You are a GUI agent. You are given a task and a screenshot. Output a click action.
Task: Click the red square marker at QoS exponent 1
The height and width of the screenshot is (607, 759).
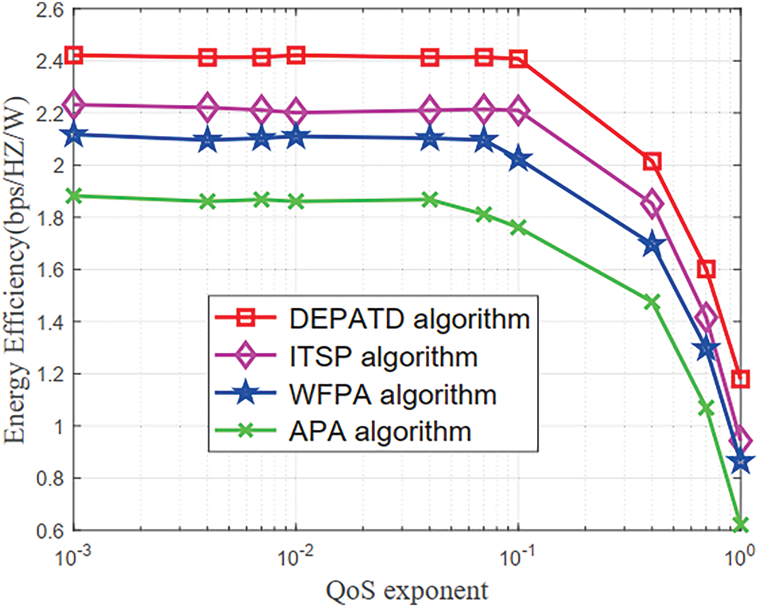741,379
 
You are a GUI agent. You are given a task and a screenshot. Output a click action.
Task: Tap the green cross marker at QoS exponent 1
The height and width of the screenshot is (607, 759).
741,524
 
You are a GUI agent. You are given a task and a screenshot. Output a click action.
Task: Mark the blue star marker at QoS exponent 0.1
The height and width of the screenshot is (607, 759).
518,160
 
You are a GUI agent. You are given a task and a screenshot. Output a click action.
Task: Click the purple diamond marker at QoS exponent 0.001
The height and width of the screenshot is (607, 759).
74,104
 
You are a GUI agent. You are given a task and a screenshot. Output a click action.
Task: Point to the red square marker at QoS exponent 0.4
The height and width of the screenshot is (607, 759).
652,162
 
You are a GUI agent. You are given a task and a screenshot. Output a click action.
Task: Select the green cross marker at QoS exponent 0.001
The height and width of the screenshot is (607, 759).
74,195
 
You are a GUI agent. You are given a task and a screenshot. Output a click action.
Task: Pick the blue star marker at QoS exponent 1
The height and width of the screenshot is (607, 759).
741,461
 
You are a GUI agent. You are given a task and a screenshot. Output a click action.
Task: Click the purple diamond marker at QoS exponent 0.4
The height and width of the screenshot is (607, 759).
652,203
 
